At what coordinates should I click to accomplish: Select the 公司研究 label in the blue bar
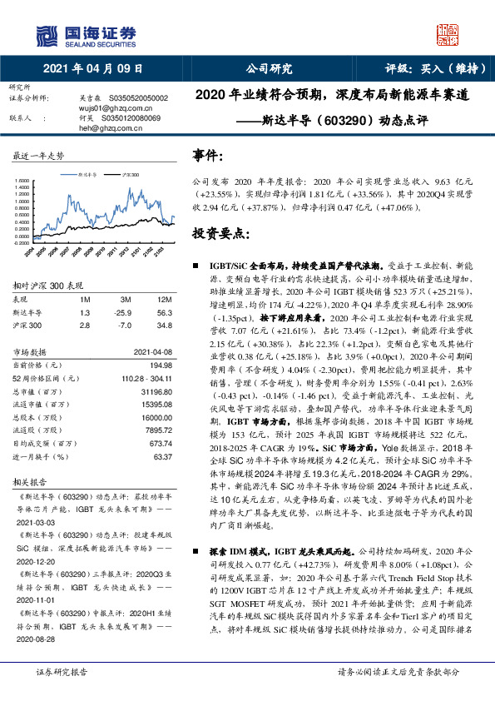270,69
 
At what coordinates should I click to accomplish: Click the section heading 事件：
208,155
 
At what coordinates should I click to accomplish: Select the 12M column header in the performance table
165,298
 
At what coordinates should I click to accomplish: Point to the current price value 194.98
160,365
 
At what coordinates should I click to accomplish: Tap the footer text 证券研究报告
59,671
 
